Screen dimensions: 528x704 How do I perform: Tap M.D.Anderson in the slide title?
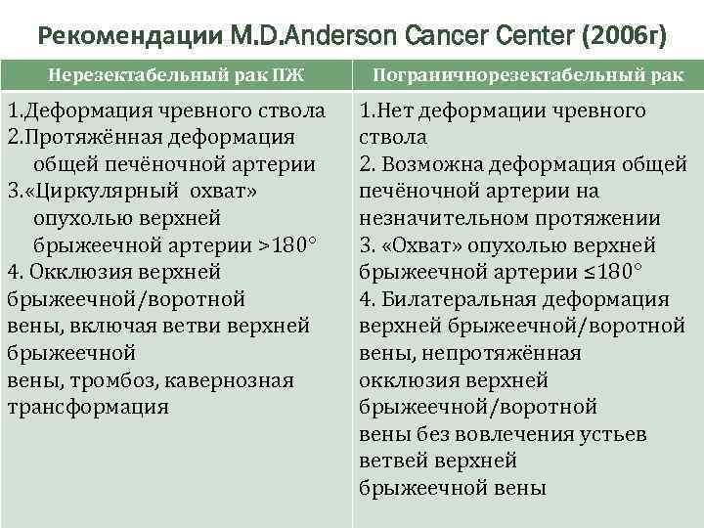(313, 37)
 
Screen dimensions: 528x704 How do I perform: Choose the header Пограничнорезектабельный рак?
(529, 74)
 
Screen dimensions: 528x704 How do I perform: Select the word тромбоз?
(89, 379)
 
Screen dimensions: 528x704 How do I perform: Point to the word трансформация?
(88, 406)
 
